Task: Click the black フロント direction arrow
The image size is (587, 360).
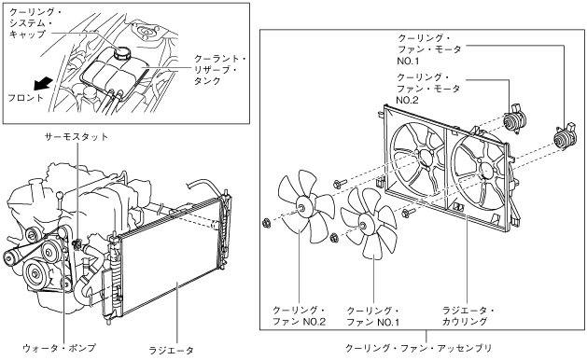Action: pyautogui.click(x=43, y=83)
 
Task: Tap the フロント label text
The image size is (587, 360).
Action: pyautogui.click(x=26, y=98)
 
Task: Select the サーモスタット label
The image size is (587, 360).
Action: pyautogui.click(x=77, y=136)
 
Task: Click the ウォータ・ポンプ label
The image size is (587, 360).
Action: pyautogui.click(x=59, y=348)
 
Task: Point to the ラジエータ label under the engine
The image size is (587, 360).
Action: pyautogui.click(x=172, y=351)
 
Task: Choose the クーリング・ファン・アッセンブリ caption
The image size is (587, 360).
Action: pyautogui.click(x=418, y=348)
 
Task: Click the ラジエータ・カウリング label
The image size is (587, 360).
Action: pyautogui.click(x=468, y=316)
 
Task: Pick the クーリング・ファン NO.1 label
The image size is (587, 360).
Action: pyautogui.click(x=373, y=316)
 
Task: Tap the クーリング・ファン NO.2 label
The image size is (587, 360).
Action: pyautogui.click(x=300, y=316)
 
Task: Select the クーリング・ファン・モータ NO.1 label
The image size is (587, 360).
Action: pyautogui.click(x=429, y=49)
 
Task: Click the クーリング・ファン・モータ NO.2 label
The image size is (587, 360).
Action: pyautogui.click(x=428, y=89)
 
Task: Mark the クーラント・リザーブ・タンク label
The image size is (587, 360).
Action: pyautogui.click(x=219, y=70)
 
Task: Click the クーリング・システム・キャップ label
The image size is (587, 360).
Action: pyautogui.click(x=35, y=23)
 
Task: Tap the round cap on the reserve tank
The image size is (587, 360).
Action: pyautogui.click(x=122, y=53)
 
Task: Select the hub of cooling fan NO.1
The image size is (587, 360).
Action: pyautogui.click(x=362, y=226)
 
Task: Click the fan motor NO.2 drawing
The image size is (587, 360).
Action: pyautogui.click(x=515, y=118)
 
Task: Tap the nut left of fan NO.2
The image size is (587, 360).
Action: pyautogui.click(x=267, y=224)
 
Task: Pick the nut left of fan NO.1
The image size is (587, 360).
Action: pyautogui.click(x=334, y=237)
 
